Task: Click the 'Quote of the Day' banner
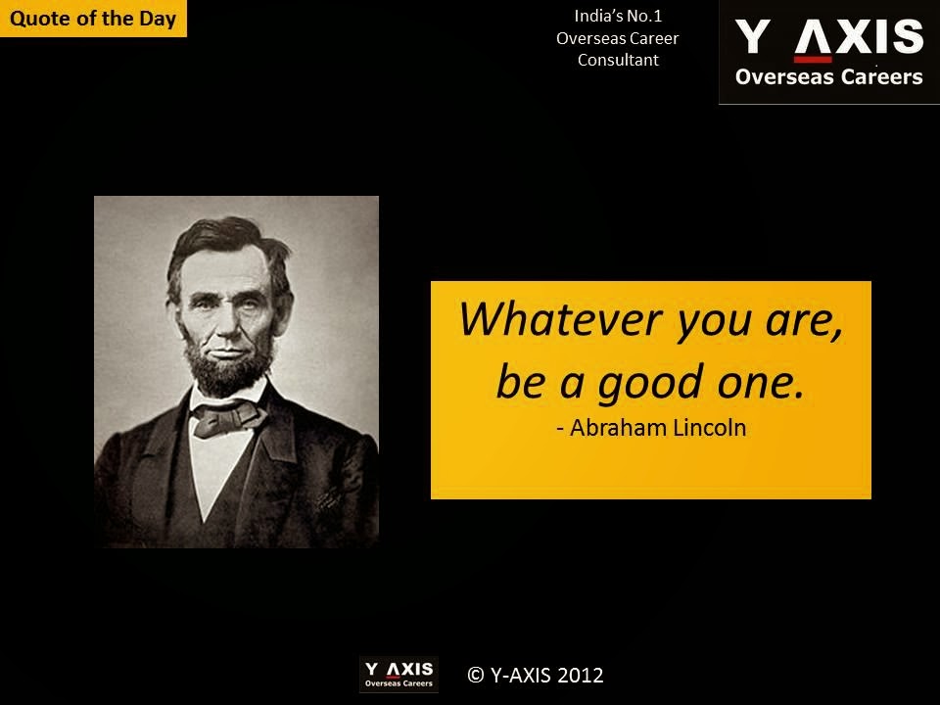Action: coord(93,18)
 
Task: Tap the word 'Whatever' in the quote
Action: coord(560,319)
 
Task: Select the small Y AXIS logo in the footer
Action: coord(399,675)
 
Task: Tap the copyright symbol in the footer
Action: coord(476,675)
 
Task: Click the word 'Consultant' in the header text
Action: coord(618,60)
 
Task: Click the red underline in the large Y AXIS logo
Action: coord(813,59)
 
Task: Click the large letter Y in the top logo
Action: coord(752,36)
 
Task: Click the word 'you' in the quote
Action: coord(714,324)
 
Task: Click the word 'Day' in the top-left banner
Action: coord(158,19)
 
